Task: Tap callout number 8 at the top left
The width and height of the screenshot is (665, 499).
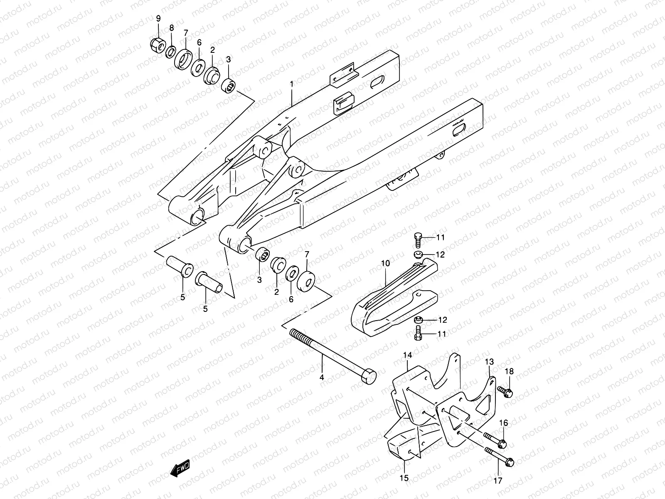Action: point(171,28)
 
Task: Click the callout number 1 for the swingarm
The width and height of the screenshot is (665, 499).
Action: point(292,84)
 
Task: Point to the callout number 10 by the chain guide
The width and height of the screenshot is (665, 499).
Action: point(385,264)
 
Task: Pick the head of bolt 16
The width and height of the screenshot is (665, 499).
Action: point(502,444)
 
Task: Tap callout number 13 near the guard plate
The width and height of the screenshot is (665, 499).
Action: point(489,362)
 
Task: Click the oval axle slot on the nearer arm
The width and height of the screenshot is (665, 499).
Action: point(459,131)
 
